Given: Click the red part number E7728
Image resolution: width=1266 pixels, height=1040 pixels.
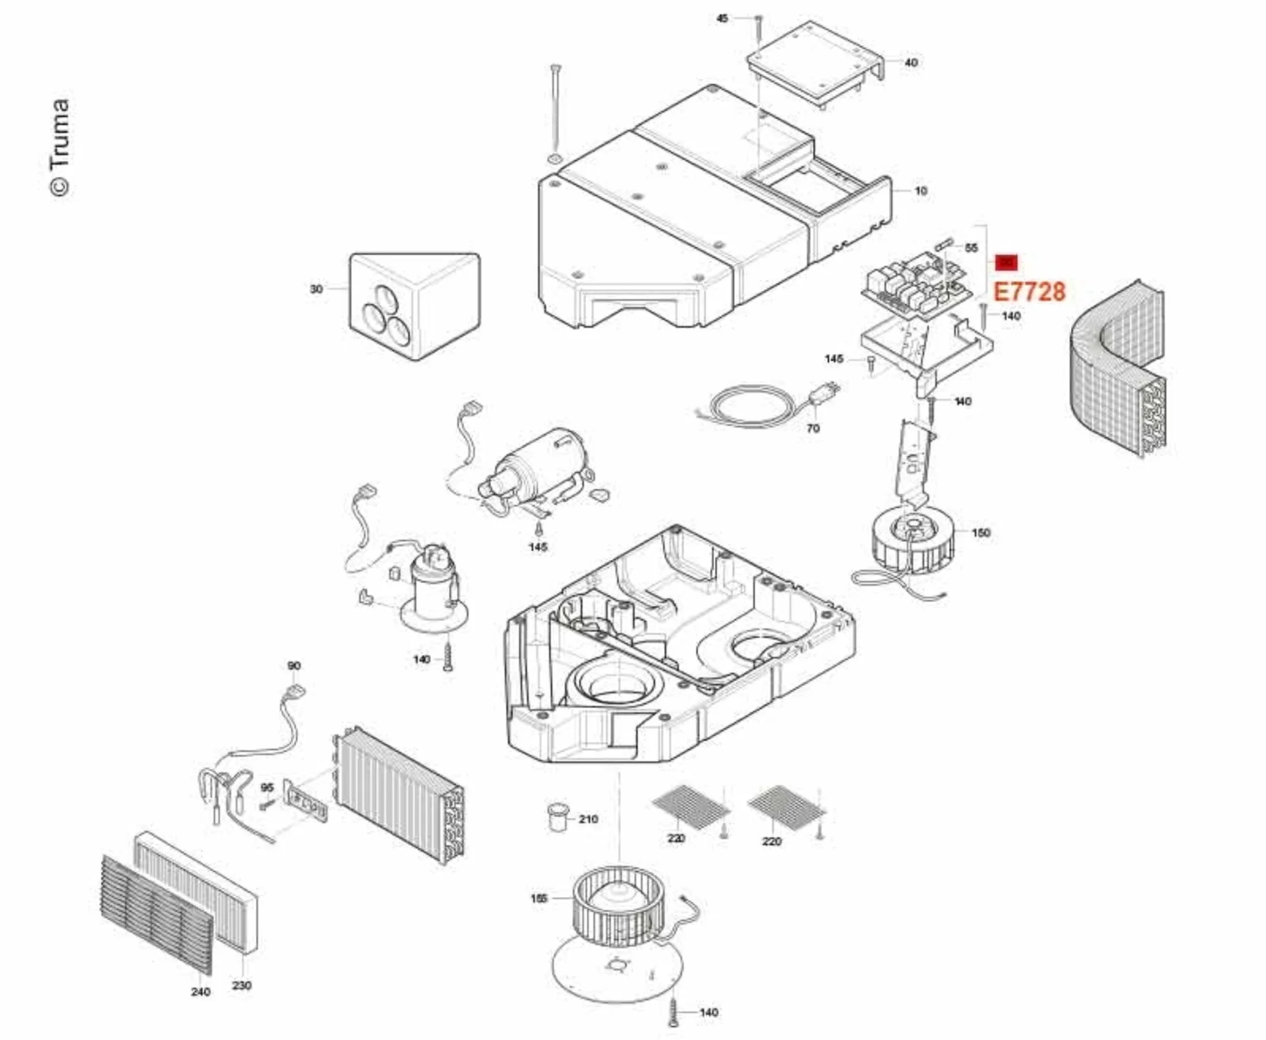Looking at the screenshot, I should coord(1029,291).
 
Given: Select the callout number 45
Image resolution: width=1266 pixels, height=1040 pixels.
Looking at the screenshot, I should coord(723,18).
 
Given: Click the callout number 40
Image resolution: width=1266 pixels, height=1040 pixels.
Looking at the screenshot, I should coord(911,63).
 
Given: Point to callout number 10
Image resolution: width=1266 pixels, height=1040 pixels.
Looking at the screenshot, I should coord(920,191).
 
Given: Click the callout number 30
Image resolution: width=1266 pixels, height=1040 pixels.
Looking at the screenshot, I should coord(316,289).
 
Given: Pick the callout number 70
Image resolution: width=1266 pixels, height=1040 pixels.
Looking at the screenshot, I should coord(813,429).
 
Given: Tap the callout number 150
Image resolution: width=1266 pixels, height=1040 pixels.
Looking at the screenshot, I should coord(980,532).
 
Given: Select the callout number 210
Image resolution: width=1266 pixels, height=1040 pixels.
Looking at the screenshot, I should coord(588,819).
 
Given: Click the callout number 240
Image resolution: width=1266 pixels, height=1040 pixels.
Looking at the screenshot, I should coord(200,992).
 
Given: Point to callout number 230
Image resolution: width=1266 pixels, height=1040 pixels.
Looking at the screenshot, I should coord(241,985).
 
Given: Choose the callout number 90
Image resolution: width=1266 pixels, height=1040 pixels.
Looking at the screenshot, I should coord(294,666).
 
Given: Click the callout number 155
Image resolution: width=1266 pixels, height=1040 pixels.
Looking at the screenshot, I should coord(539,898).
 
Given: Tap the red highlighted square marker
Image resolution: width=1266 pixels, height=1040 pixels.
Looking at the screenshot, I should coord(1006,262).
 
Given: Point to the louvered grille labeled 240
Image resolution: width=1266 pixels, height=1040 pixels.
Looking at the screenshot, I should coord(157,913).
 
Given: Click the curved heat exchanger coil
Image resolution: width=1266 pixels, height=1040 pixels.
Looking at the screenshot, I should coord(1118,369).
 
